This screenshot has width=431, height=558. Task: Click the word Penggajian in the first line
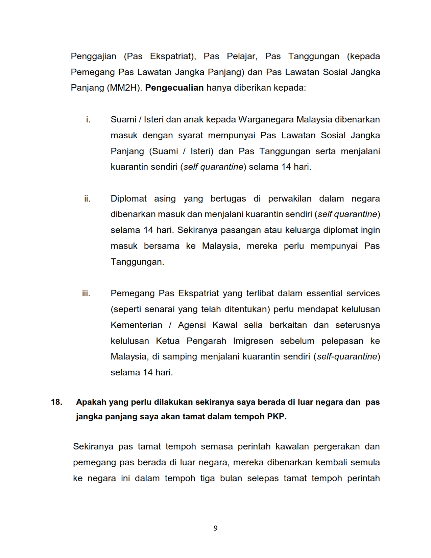coord(94,56)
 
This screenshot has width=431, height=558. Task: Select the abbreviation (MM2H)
coord(124,88)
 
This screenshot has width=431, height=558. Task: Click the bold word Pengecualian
coord(174,88)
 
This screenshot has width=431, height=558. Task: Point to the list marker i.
coord(88,120)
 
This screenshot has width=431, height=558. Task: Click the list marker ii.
coord(87,199)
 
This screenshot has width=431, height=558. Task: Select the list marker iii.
coord(86,294)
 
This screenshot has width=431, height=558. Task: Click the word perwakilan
coord(290,199)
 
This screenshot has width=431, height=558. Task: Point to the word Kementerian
coord(136,325)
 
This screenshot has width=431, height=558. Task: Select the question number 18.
coord(56,402)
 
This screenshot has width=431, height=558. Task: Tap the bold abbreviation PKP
coord(277,417)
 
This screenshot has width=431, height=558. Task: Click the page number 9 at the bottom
coord(216,528)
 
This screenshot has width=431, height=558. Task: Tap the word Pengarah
coord(206,341)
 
